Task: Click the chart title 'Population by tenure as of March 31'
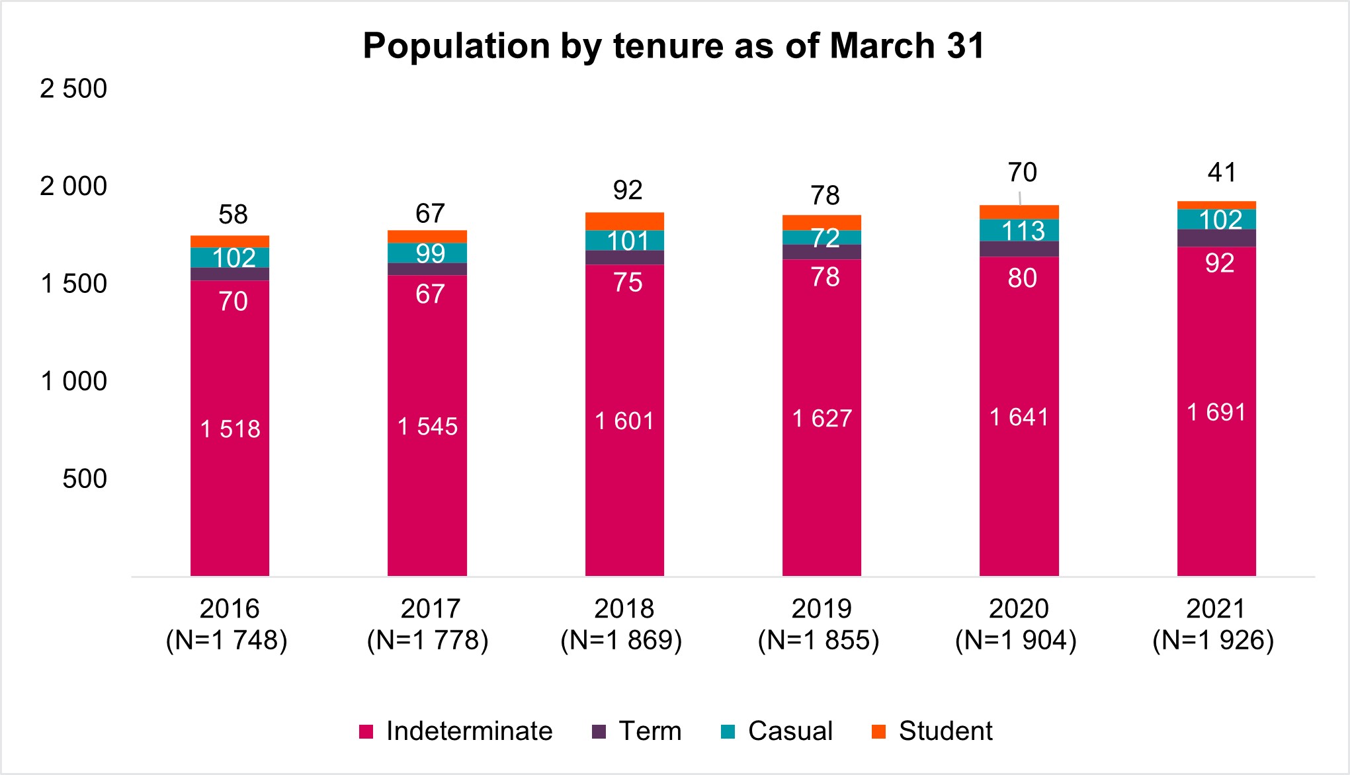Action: [x=674, y=46]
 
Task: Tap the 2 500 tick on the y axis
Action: [x=73, y=89]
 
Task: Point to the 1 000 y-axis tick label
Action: [x=73, y=382]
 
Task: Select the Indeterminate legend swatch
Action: [x=366, y=731]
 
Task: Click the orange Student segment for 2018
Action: [x=624, y=221]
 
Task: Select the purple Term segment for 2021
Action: [x=1216, y=238]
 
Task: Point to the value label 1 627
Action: [x=822, y=419]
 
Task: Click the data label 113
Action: [x=1023, y=231]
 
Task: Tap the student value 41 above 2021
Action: [x=1221, y=173]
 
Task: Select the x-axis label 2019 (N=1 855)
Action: [x=820, y=624]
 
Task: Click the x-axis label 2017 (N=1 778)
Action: [x=428, y=624]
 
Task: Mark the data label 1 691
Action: [x=1216, y=413]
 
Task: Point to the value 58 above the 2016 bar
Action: [x=233, y=214]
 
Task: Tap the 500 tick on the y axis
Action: [x=85, y=479]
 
